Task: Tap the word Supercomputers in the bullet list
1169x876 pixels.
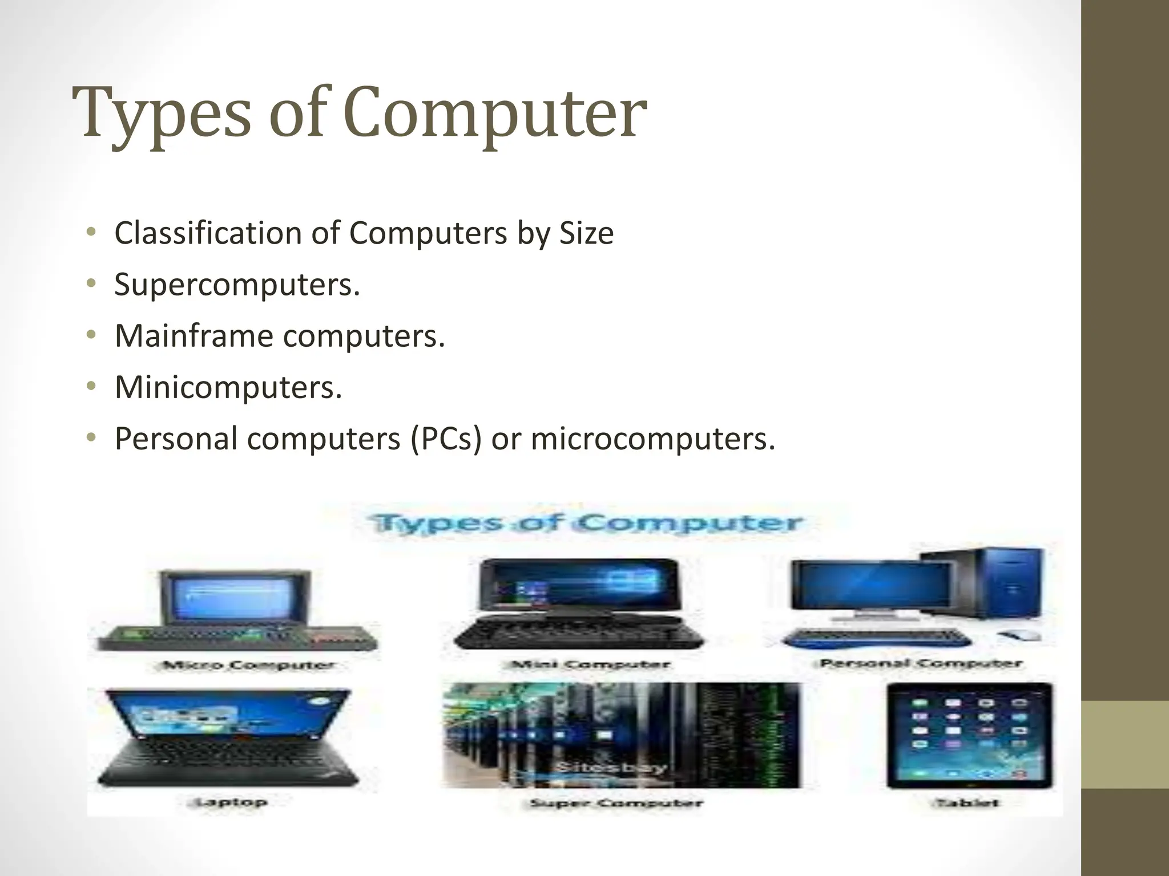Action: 237,284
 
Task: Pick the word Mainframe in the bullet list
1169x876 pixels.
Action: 194,335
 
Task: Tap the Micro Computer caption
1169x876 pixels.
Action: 249,666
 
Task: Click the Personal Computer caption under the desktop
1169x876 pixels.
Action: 920,663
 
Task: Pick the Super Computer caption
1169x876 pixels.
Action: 616,803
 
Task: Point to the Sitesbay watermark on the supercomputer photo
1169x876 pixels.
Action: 611,767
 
